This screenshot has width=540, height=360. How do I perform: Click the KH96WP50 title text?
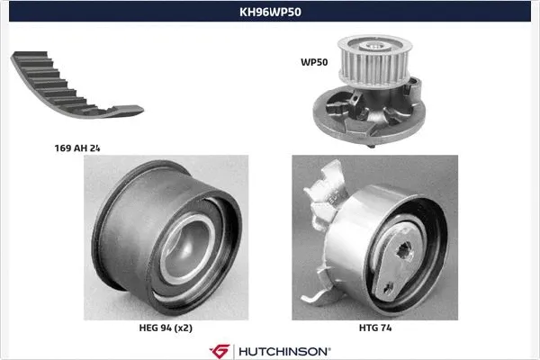[270, 13]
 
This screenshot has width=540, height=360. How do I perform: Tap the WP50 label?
[313, 63]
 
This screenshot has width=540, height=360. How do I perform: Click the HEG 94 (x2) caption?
[166, 330]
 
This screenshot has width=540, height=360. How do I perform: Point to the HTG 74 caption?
[376, 330]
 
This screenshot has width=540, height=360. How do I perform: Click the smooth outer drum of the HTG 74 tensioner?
[360, 225]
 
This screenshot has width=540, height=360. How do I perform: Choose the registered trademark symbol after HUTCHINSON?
[328, 346]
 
